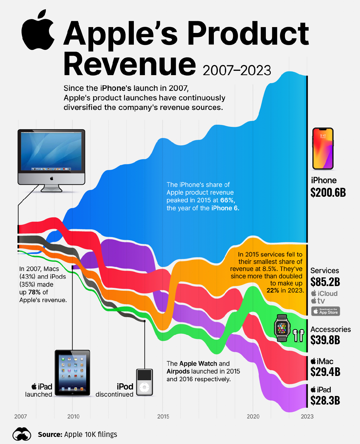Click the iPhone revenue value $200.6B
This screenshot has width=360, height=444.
click(328, 193)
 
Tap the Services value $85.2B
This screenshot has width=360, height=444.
click(325, 282)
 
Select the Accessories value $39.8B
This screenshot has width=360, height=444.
click(325, 340)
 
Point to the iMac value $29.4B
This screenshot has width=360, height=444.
click(325, 372)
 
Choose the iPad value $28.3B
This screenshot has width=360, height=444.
click(325, 401)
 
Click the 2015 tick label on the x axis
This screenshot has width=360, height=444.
click(163, 417)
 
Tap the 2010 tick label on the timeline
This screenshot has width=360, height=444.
click(73, 417)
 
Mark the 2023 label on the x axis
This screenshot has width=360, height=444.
click(307, 417)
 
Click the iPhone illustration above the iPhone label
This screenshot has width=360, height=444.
click(323, 149)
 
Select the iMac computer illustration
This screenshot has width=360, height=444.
click(51, 160)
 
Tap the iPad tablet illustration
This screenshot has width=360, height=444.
click(72, 373)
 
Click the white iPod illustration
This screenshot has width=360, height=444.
click(144, 382)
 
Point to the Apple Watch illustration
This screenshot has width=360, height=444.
click(282, 328)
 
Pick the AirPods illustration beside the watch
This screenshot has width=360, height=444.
click(298, 335)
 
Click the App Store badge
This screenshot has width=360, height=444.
click(326, 311)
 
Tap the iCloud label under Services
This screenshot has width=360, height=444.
click(324, 293)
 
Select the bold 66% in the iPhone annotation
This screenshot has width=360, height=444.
click(228, 200)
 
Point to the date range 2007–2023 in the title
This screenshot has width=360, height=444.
click(237, 71)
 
